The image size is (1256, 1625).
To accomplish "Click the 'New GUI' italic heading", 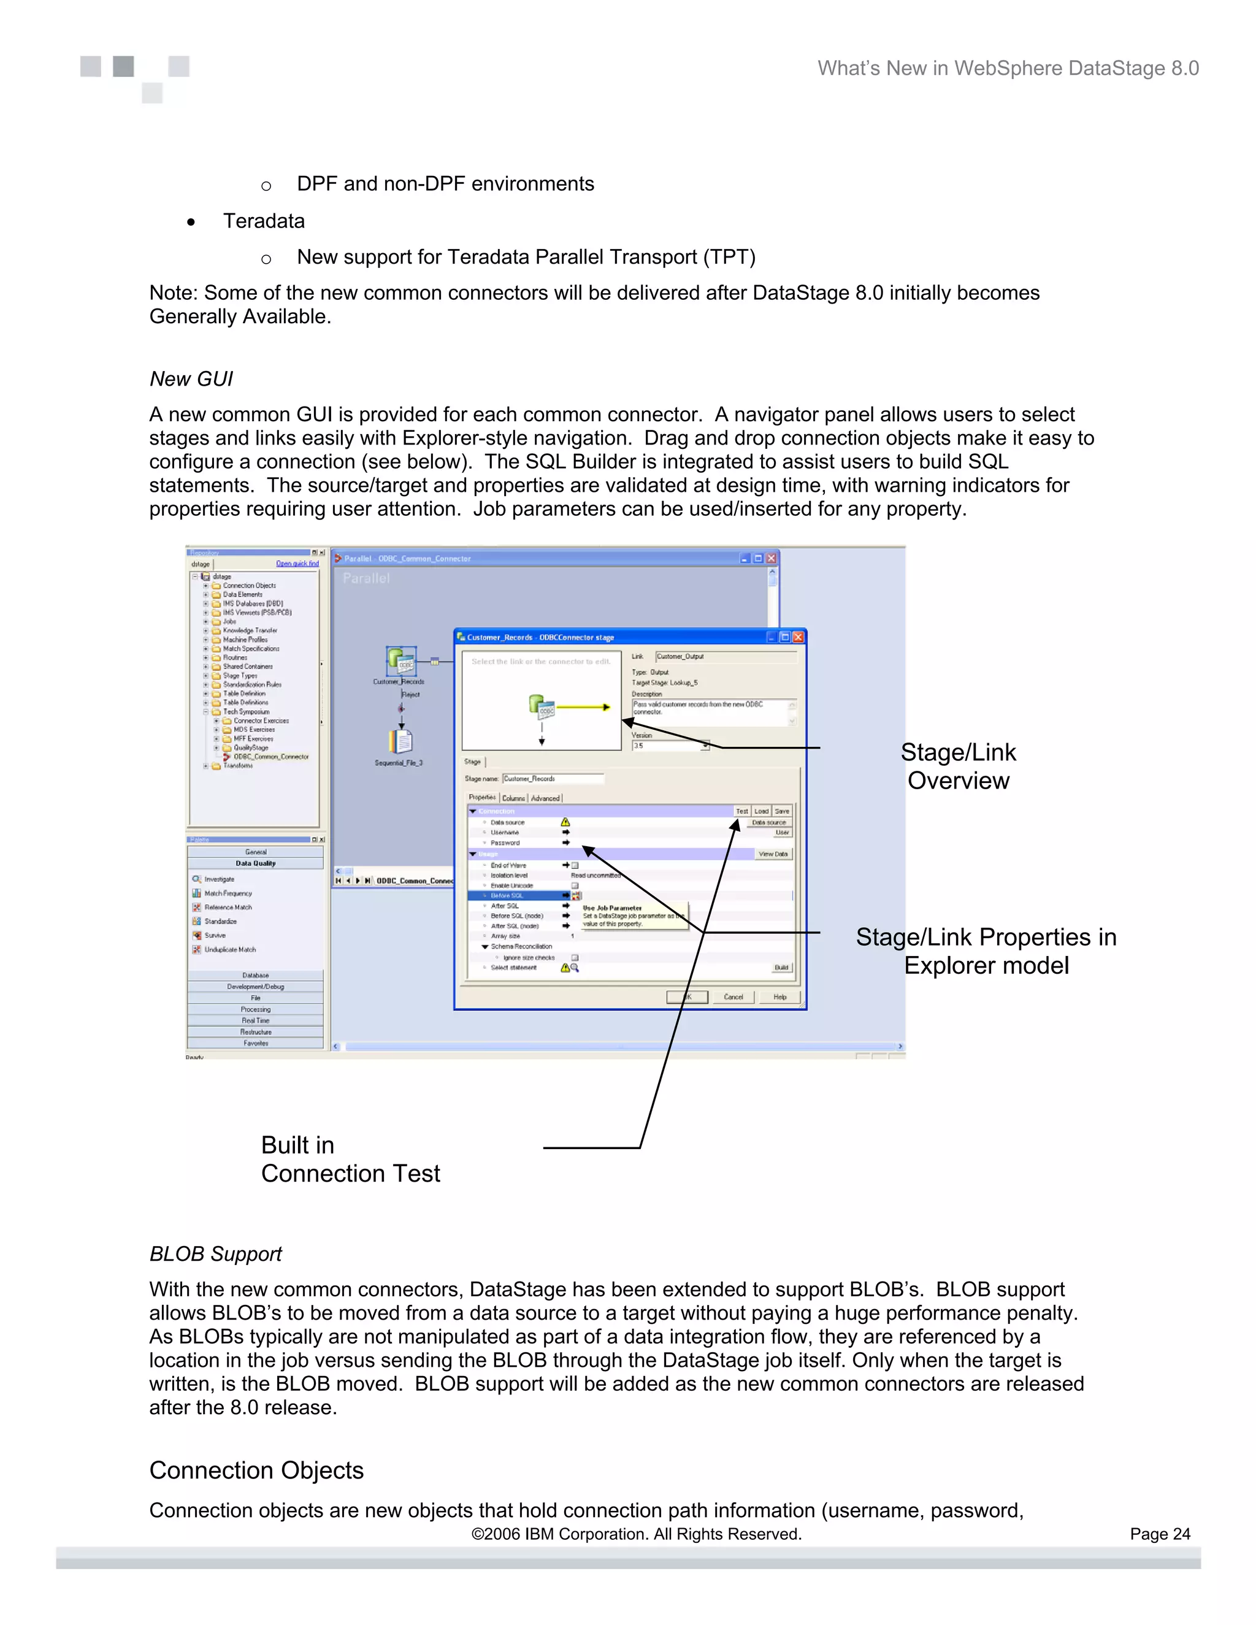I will (191, 379).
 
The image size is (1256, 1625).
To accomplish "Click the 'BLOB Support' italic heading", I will (215, 1254).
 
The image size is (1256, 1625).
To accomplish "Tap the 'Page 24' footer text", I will (1159, 1534).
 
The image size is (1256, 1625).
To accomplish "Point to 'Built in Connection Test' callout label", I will (350, 1158).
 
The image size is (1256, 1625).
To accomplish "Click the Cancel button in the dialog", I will (733, 997).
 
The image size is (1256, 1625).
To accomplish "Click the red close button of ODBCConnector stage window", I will (798, 637).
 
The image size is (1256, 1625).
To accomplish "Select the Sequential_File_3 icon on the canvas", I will (400, 742).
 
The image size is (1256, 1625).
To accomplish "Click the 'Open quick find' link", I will (297, 564).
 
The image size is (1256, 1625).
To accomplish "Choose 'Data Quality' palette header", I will (255, 863).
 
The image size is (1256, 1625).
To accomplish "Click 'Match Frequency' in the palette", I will (228, 893).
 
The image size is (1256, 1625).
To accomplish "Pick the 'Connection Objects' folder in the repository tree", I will (248, 586).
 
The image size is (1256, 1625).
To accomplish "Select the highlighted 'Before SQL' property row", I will (513, 896).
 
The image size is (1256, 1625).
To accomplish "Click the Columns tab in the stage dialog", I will (513, 798).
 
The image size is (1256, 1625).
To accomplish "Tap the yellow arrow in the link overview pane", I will (584, 707).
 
